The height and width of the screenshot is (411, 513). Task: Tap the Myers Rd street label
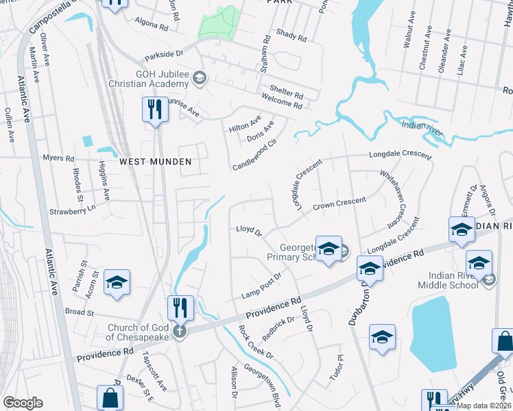(58, 158)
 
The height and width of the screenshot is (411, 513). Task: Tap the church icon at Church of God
(180, 332)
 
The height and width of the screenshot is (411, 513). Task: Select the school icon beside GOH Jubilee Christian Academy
(200, 77)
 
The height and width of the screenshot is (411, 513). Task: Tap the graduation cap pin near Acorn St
(117, 282)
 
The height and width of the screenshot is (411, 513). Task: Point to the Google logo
(23, 403)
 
